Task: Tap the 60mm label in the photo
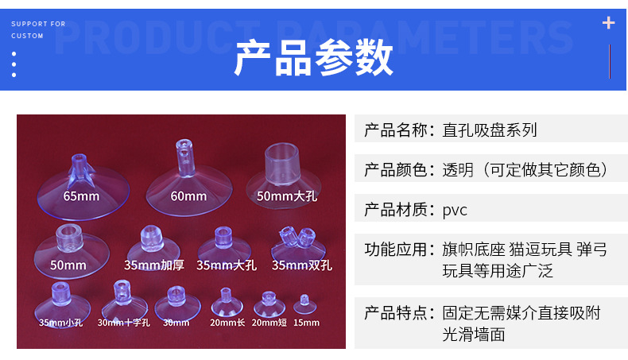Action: pos(188,195)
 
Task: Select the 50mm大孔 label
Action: pos(287,195)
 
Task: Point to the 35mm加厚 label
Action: pos(154,265)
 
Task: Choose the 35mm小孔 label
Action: pos(60,323)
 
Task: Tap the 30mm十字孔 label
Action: pos(123,323)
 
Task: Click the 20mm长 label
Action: pos(227,323)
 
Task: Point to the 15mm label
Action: pos(306,323)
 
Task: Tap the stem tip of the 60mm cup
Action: pos(182,146)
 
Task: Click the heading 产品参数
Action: pos(314,58)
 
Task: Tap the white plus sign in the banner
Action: pos(609,22)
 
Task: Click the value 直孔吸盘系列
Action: pos(490,130)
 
